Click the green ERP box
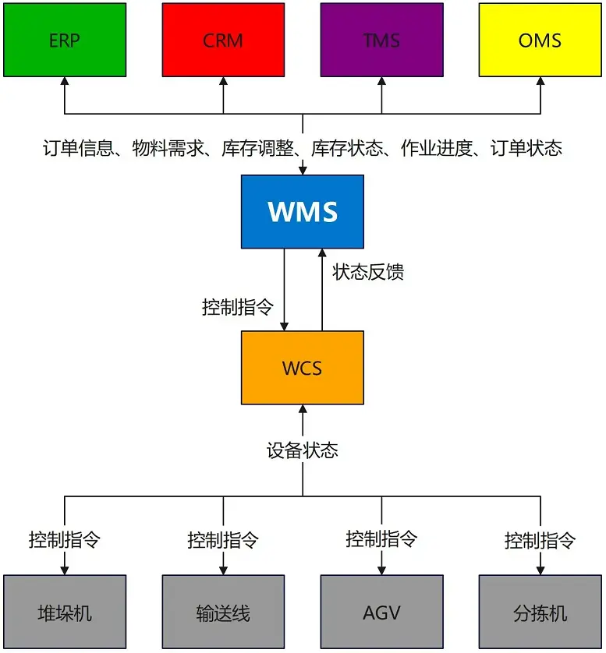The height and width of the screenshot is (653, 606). [x=65, y=40]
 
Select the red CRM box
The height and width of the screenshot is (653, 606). [x=223, y=40]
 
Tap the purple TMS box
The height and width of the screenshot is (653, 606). [x=381, y=40]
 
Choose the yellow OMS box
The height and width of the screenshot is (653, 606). [x=540, y=40]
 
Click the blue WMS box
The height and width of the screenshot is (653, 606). [x=302, y=212]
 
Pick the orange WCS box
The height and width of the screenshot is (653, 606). [x=302, y=368]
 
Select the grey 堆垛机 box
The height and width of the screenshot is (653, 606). [x=65, y=612]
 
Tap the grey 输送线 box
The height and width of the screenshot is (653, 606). [x=223, y=612]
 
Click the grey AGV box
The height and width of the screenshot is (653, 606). [x=381, y=612]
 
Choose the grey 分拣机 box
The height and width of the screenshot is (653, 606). [x=540, y=612]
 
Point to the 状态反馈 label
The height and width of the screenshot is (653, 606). [x=368, y=272]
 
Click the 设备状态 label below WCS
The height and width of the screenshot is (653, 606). [x=302, y=450]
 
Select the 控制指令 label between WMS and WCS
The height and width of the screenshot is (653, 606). [x=237, y=307]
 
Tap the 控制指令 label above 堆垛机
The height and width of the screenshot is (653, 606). [x=65, y=539]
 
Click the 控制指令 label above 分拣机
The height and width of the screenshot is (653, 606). [x=540, y=539]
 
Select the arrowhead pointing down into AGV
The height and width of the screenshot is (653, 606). [x=381, y=569]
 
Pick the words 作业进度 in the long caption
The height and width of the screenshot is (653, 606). [x=437, y=148]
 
